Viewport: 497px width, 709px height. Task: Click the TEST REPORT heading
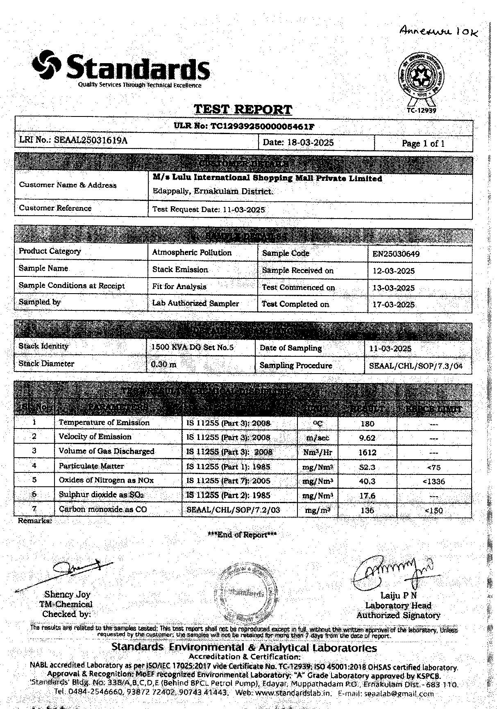[x=243, y=109]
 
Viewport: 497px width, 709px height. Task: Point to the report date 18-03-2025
[x=310, y=143]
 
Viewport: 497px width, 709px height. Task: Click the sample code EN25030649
[x=396, y=254]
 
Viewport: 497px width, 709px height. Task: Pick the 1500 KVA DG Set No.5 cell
[x=193, y=347]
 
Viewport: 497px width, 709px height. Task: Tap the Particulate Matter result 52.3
[x=367, y=467]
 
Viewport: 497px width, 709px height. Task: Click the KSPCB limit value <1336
[x=433, y=481]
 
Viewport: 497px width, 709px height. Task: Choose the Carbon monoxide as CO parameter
[x=103, y=509]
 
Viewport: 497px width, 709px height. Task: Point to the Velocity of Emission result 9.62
[x=367, y=438]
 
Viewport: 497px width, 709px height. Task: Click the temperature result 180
[x=367, y=424]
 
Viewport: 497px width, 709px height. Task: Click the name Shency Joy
[x=67, y=595]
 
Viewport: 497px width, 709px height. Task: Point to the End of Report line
[x=242, y=535]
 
